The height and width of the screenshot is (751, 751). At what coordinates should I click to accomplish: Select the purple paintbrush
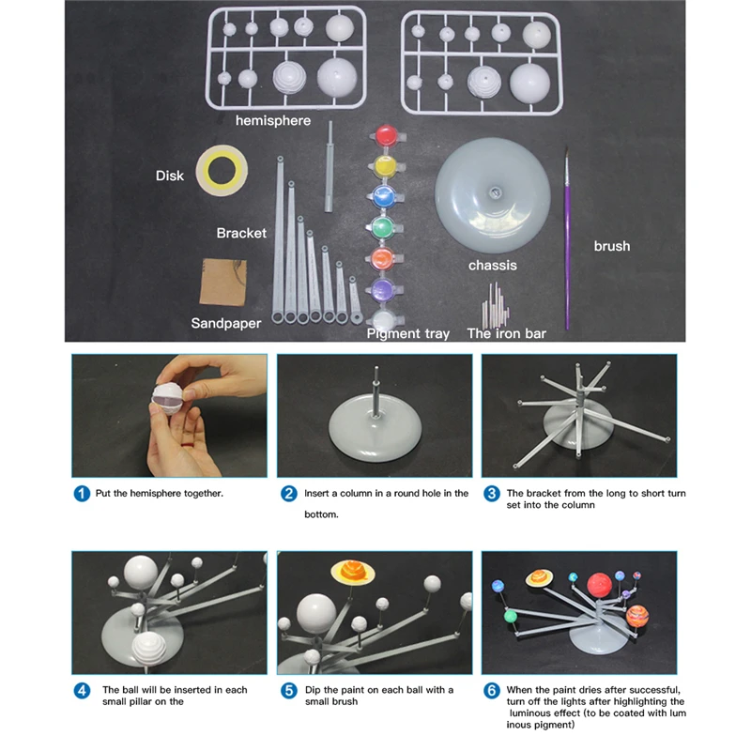point(567,234)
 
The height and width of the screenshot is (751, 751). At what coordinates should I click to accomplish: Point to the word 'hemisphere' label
point(273,120)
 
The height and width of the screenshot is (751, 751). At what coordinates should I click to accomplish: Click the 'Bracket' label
point(241,233)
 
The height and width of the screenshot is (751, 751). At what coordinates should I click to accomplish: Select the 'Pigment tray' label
point(408,333)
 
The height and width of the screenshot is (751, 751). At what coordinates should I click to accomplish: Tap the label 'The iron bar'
point(506,333)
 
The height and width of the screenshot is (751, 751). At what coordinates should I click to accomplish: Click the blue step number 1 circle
point(83,493)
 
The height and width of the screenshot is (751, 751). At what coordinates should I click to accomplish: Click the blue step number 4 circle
point(83,690)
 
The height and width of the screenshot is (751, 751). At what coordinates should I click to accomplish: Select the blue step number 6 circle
point(491,690)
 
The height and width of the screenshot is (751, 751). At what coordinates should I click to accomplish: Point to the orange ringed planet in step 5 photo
point(349,571)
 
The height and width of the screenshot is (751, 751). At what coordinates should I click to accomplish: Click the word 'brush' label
point(611,246)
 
